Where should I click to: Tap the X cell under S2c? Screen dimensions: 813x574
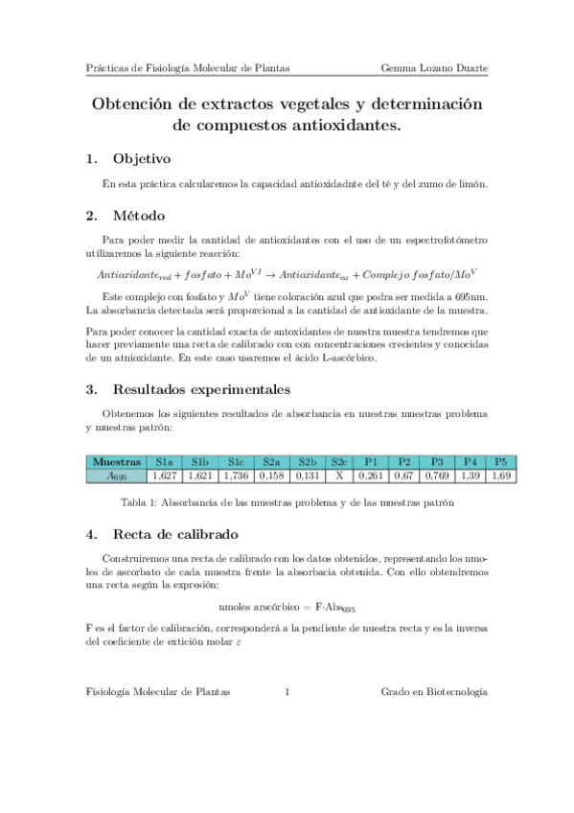[338, 476]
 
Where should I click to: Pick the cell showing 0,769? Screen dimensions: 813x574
[437, 476]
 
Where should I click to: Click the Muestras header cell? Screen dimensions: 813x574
[116, 461]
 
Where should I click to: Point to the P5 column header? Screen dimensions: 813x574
[499, 461]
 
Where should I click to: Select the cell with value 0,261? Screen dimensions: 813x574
[371, 476]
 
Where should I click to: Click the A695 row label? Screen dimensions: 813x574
[116, 476]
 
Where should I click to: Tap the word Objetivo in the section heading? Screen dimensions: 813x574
[141, 158]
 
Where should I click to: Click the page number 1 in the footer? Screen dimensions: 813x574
[287, 691]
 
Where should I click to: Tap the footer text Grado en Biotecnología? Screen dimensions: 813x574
[434, 691]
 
